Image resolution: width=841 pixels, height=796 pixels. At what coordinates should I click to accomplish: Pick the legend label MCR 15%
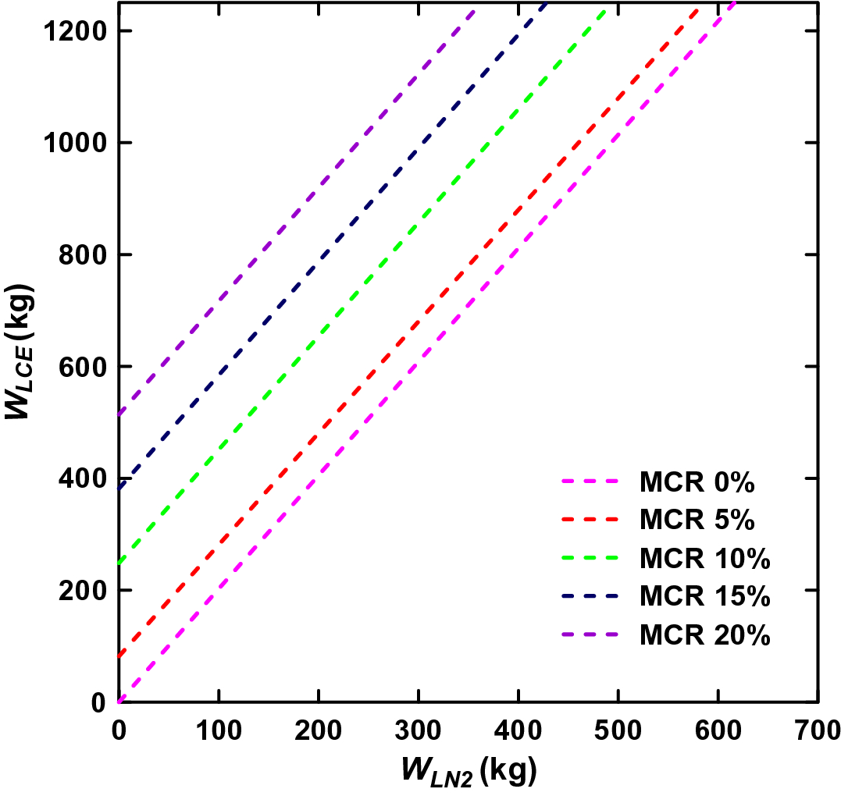(x=704, y=597)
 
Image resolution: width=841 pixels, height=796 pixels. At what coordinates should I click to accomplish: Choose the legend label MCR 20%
(x=704, y=635)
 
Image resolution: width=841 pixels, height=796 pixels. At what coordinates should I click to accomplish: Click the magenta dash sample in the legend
(x=590, y=483)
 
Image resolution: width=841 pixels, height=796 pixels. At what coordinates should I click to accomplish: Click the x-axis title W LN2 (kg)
(x=469, y=771)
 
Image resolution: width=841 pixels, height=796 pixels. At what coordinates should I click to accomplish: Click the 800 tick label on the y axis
(x=84, y=255)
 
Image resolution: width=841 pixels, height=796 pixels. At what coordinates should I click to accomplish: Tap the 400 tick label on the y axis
(x=84, y=478)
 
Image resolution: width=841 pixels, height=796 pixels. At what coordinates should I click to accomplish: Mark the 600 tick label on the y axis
(x=84, y=367)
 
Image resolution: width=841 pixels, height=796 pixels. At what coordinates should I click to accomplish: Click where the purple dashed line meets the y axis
(x=119, y=414)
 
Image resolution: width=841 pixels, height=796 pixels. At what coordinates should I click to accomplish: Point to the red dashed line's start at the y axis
(x=119, y=656)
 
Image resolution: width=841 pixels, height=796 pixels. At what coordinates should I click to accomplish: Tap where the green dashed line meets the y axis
(x=119, y=563)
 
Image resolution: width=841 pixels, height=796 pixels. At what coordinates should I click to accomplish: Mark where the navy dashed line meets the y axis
(x=119, y=489)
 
